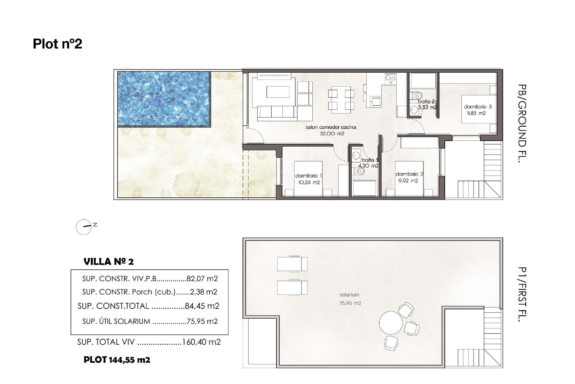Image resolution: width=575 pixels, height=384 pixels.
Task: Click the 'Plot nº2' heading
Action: click(x=57, y=44)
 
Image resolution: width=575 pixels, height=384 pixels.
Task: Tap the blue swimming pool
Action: click(x=164, y=99)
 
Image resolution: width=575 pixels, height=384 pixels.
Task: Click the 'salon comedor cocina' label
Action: click(x=331, y=127)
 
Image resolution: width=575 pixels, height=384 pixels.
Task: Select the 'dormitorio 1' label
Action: click(x=308, y=176)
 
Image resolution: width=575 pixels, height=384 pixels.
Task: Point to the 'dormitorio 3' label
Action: click(x=478, y=106)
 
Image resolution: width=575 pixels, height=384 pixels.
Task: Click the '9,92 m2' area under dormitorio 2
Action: click(x=408, y=181)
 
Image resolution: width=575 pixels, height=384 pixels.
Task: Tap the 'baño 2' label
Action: click(x=426, y=102)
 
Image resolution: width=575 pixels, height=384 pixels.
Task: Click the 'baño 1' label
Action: click(x=370, y=160)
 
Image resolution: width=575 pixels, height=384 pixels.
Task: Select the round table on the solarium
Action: click(x=391, y=323)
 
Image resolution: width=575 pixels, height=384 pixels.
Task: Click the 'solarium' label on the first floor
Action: click(x=349, y=295)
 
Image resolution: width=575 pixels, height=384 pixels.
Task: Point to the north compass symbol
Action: click(x=84, y=227)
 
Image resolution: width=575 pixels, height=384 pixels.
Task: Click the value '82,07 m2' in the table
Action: click(x=202, y=279)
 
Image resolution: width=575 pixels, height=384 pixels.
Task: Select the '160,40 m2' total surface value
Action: click(x=201, y=342)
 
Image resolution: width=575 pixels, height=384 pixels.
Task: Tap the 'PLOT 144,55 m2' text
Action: click(x=117, y=360)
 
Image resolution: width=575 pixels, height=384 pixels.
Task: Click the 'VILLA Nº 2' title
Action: click(x=109, y=262)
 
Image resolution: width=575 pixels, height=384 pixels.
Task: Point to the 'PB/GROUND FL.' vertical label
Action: click(x=522, y=123)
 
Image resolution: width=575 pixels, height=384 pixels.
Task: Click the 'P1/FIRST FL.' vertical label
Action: click(x=522, y=294)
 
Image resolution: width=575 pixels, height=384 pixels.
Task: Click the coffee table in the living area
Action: click(x=278, y=92)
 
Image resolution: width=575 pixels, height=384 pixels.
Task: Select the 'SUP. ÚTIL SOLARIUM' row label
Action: click(x=116, y=321)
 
